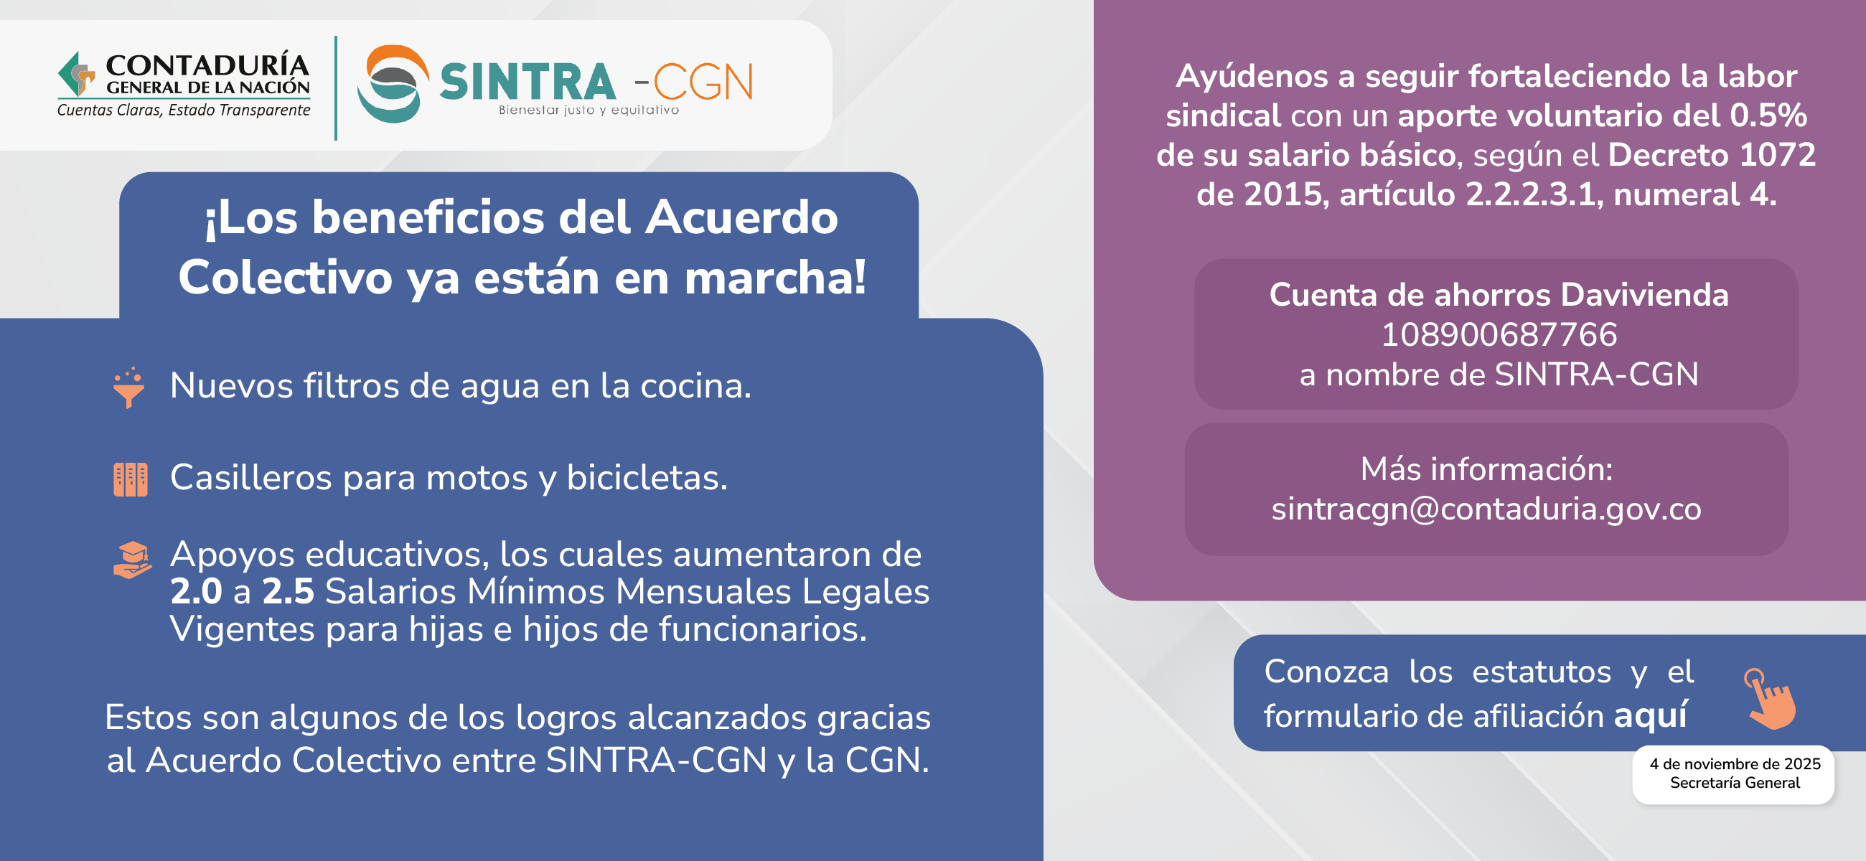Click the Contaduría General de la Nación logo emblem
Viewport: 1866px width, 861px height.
tap(77, 73)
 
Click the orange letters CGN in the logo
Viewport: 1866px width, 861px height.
tap(703, 83)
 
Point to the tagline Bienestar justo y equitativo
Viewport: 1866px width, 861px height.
tap(589, 110)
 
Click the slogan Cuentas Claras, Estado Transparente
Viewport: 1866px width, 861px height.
tap(183, 110)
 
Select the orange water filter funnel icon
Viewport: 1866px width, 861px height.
tap(129, 387)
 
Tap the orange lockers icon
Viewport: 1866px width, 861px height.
tap(131, 479)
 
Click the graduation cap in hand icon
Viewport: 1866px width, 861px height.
tap(133, 560)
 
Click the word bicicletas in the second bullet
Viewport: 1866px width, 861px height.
tap(647, 478)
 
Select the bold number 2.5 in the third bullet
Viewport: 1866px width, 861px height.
tap(288, 592)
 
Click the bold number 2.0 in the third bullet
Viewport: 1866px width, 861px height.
tap(196, 592)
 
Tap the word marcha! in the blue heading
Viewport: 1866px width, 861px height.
tap(775, 278)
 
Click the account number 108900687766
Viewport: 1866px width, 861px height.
tap(1499, 334)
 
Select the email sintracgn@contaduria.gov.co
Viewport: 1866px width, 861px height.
tap(1486, 508)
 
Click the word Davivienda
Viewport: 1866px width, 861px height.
tap(1644, 295)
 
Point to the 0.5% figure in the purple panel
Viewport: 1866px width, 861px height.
tap(1768, 116)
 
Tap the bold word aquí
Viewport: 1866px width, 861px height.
tap(1651, 715)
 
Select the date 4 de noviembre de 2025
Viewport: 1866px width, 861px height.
tap(1735, 764)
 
